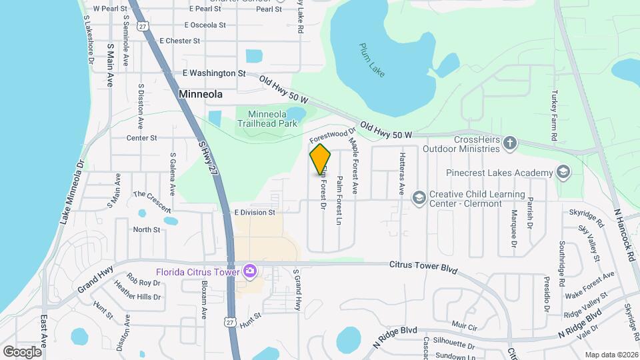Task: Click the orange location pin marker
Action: (321, 159)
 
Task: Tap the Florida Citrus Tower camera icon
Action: (250, 271)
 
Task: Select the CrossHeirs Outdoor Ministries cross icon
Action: (510, 143)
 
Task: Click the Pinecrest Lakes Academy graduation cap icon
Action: (563, 173)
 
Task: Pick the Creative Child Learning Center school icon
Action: (419, 198)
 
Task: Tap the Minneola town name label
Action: (201, 95)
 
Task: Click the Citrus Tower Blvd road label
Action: (423, 267)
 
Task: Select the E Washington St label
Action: (215, 73)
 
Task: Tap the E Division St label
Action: (255, 212)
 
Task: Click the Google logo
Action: (22, 351)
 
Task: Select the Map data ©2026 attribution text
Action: (611, 354)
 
